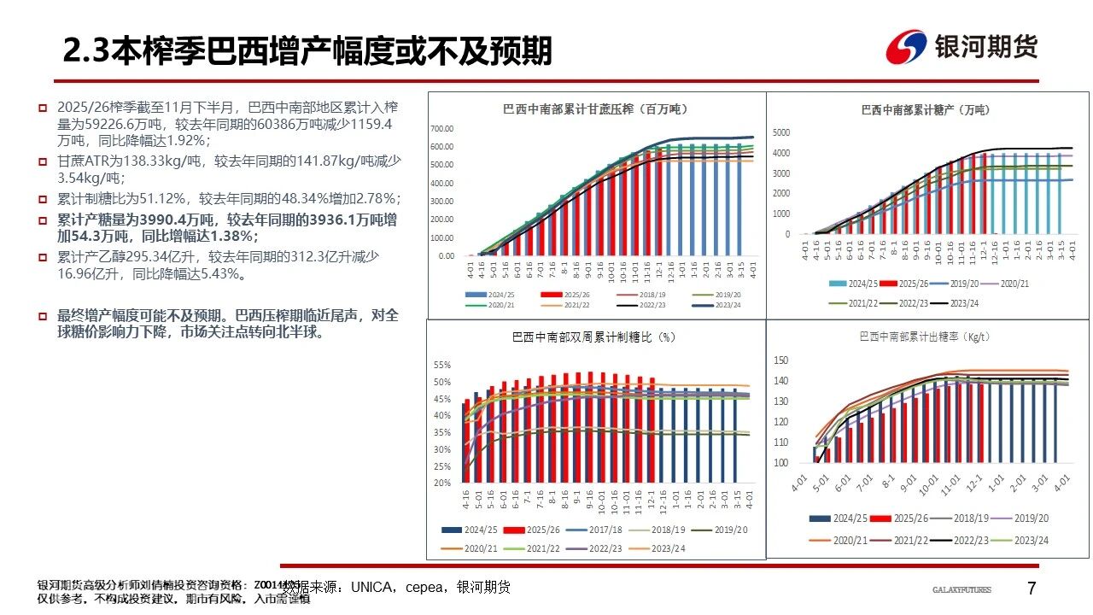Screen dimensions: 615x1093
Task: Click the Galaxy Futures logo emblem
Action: (x=905, y=48)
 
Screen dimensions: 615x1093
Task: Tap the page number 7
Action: (x=1031, y=589)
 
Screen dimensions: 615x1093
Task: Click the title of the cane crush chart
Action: (x=595, y=109)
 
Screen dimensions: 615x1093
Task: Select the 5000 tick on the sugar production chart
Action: (x=782, y=133)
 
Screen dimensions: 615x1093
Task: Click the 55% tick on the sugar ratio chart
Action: (x=442, y=366)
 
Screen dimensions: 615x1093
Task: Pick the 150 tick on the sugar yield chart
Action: (x=780, y=360)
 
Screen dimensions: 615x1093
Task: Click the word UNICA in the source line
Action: (x=371, y=587)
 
